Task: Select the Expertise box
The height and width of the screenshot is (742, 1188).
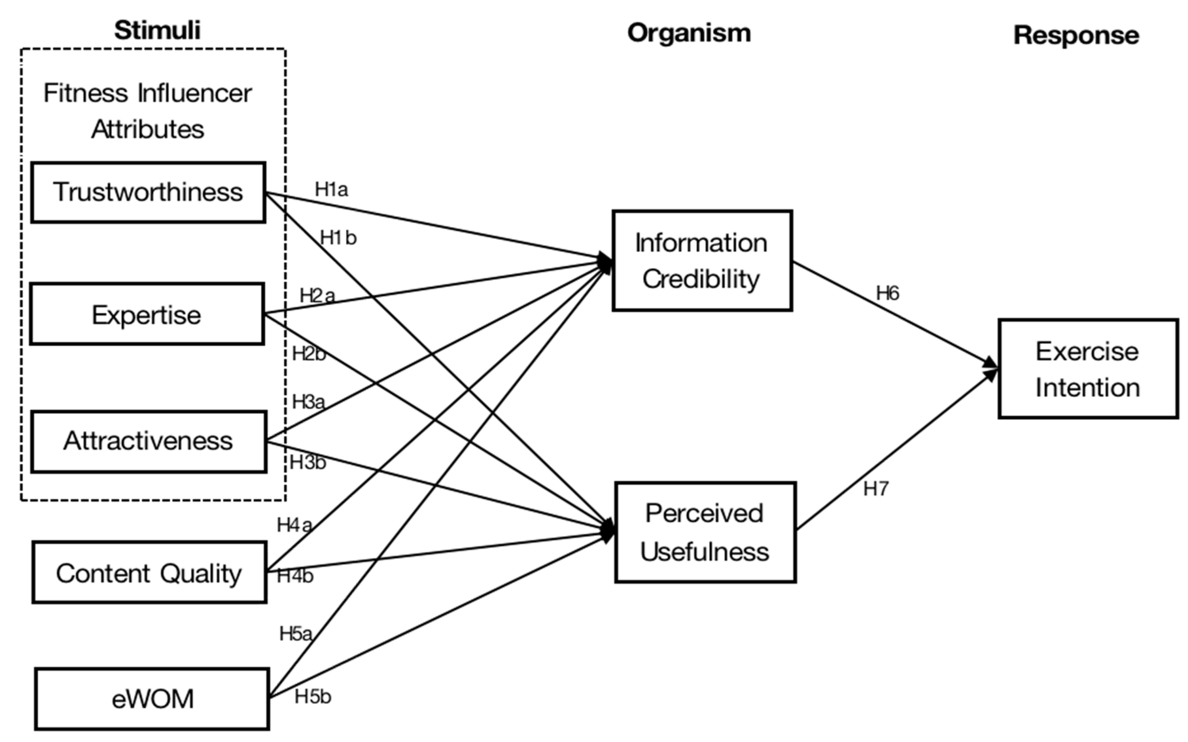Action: pos(147,314)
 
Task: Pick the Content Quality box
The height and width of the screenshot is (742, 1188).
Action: pos(149,573)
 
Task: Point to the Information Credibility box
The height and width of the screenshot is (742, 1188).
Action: pos(702,261)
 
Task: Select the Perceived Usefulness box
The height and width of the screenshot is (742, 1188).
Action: pos(705,532)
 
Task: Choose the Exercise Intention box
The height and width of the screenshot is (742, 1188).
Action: pos(1088,369)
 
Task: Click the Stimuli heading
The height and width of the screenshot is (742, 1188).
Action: pos(157,30)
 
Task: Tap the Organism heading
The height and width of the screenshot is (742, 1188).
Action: pos(689,33)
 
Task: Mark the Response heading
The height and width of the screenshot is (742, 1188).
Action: pos(1076,36)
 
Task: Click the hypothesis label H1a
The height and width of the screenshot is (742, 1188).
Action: pos(331,189)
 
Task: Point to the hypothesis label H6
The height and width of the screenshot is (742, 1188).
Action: pos(887,293)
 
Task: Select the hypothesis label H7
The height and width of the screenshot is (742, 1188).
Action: pos(876,489)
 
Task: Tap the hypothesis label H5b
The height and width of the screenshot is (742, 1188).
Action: pos(313,696)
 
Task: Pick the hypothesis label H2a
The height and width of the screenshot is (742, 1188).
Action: pos(317,295)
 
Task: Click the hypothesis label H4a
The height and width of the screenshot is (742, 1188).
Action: pos(294,525)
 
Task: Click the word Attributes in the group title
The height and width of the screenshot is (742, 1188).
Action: pos(147,129)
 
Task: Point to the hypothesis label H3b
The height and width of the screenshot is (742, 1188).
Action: pos(307,462)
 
